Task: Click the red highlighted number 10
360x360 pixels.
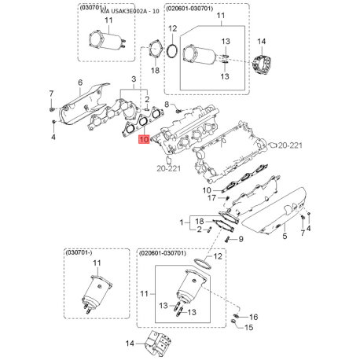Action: (x=144, y=139)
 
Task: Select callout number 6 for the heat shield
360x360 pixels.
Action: (x=80, y=83)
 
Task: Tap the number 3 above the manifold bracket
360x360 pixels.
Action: (x=134, y=79)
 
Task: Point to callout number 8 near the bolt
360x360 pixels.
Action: (x=167, y=105)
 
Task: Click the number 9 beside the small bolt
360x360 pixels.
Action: (x=241, y=239)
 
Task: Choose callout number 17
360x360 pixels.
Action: (x=211, y=198)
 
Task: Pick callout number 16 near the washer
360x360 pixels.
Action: (x=253, y=317)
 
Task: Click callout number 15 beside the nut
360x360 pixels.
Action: (x=248, y=327)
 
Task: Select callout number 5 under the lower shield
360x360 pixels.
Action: (x=285, y=236)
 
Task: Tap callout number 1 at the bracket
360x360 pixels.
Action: (x=182, y=222)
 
